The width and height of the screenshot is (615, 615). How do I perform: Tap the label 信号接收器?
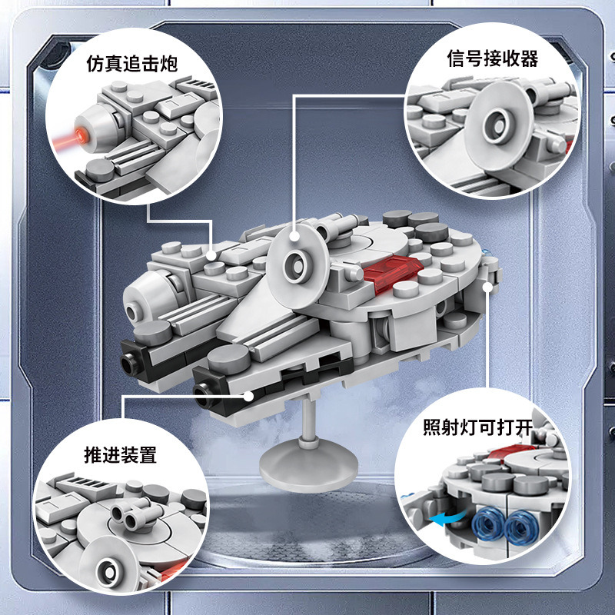coord(492,58)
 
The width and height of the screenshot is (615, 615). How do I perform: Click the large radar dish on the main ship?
coord(296,261)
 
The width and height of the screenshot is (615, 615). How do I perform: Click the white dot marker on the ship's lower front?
coord(249,394)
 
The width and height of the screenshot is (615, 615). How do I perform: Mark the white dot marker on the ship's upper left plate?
coord(213,254)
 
